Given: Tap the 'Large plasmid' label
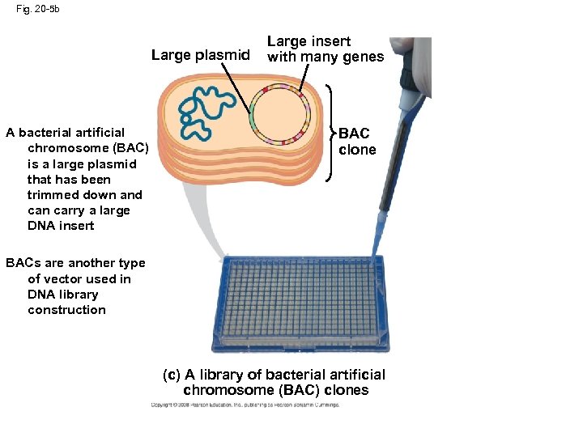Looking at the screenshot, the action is [x=201, y=56].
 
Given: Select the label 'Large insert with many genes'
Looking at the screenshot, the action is [x=325, y=49].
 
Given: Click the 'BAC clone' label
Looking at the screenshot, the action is [x=356, y=142].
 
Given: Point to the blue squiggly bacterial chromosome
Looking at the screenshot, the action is [x=202, y=105].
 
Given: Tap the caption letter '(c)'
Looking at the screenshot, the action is [x=172, y=375].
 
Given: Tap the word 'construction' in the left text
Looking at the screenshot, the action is [x=66, y=310].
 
